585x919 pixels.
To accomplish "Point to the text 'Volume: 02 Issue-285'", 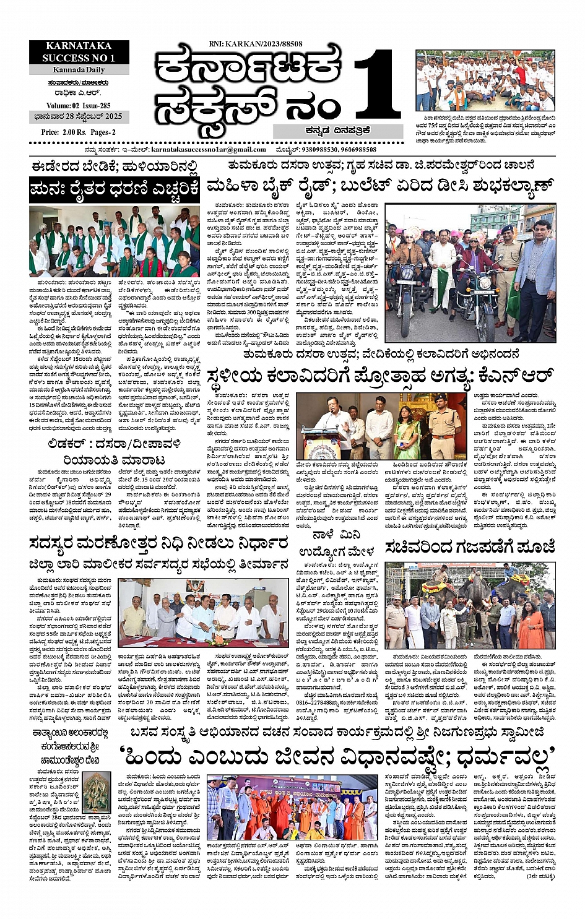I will click(x=79, y=106).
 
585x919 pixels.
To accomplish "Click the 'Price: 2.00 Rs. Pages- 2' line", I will click(x=79, y=132).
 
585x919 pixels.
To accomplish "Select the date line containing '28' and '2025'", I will click(x=79, y=116).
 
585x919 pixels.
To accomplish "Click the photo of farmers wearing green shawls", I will click(x=115, y=241).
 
